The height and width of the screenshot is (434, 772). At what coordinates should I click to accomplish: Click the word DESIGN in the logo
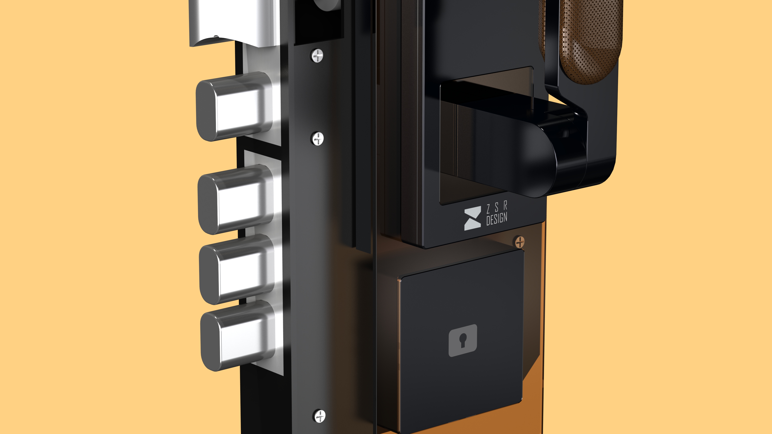click(497, 219)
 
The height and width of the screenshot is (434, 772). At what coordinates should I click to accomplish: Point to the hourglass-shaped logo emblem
click(472, 218)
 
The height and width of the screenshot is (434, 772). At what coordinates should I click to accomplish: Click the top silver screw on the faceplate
click(318, 56)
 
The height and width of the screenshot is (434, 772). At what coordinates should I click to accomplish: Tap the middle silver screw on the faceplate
click(318, 139)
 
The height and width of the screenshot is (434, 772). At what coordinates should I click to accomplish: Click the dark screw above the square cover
click(520, 242)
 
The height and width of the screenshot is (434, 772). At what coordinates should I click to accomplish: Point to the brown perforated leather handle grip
click(587, 39)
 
